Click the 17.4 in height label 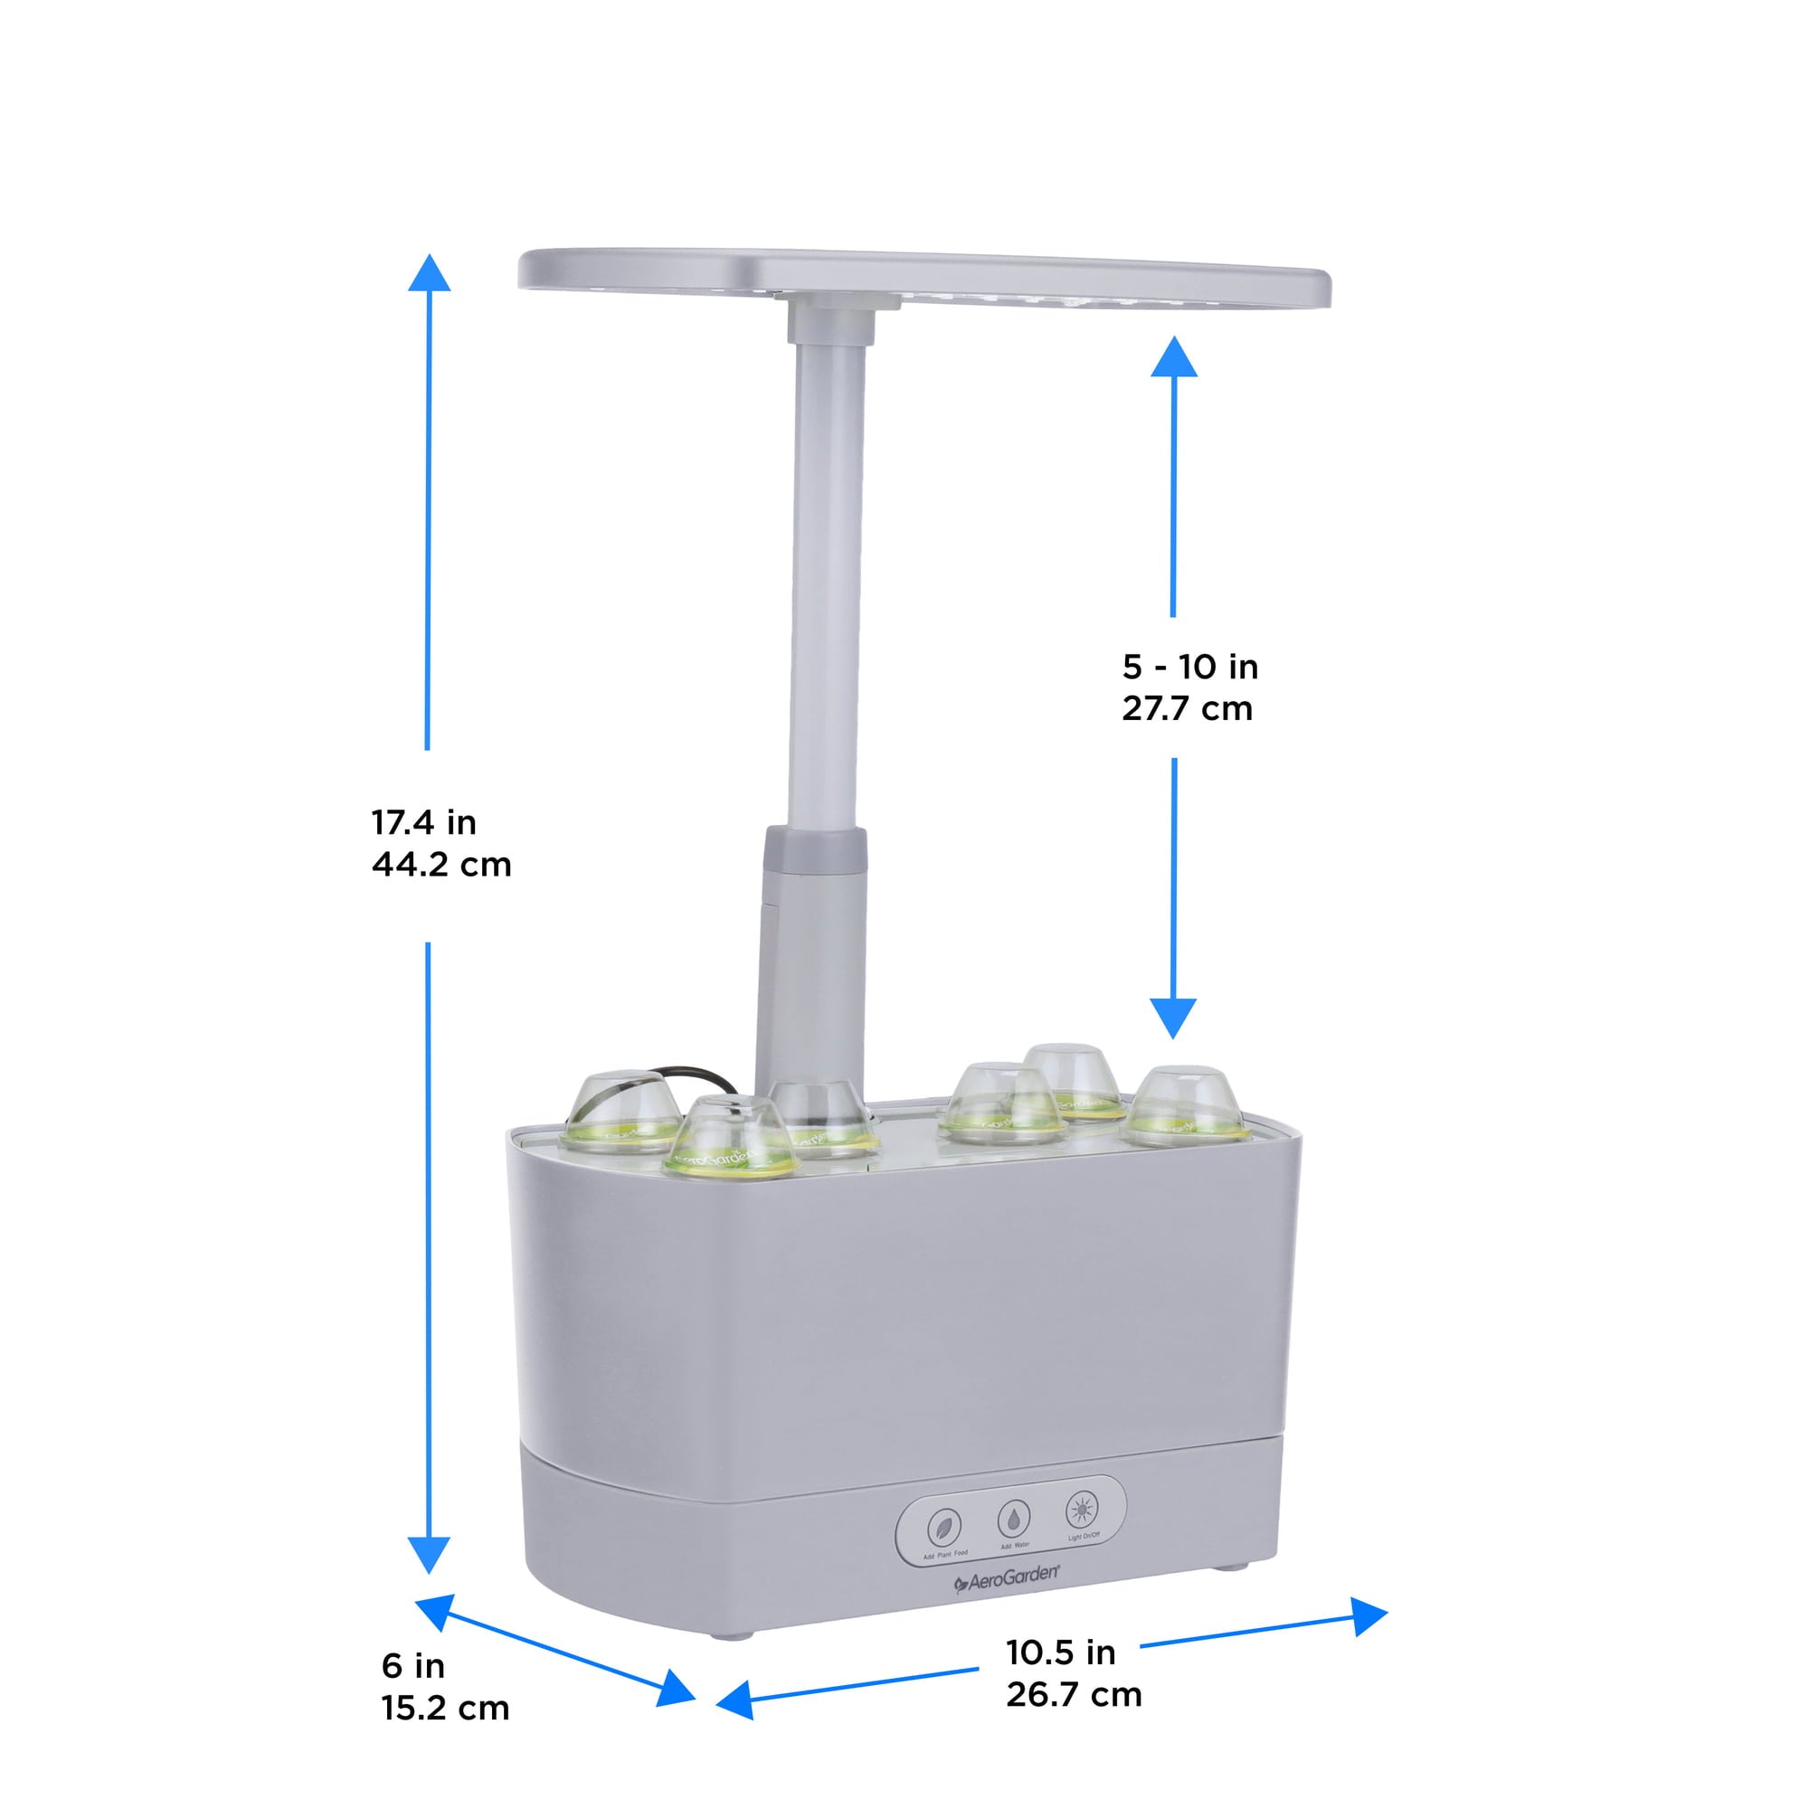pos(423,823)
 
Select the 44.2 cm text pos(441,864)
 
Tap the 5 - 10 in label pos(1190,667)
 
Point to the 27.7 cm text pos(1188,709)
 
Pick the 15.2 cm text pos(445,1708)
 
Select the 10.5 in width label pos(1060,1653)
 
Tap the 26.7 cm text pos(1073,1695)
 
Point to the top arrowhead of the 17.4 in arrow pos(429,273)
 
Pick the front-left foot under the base pos(731,1634)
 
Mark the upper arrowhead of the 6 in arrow pos(435,1612)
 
